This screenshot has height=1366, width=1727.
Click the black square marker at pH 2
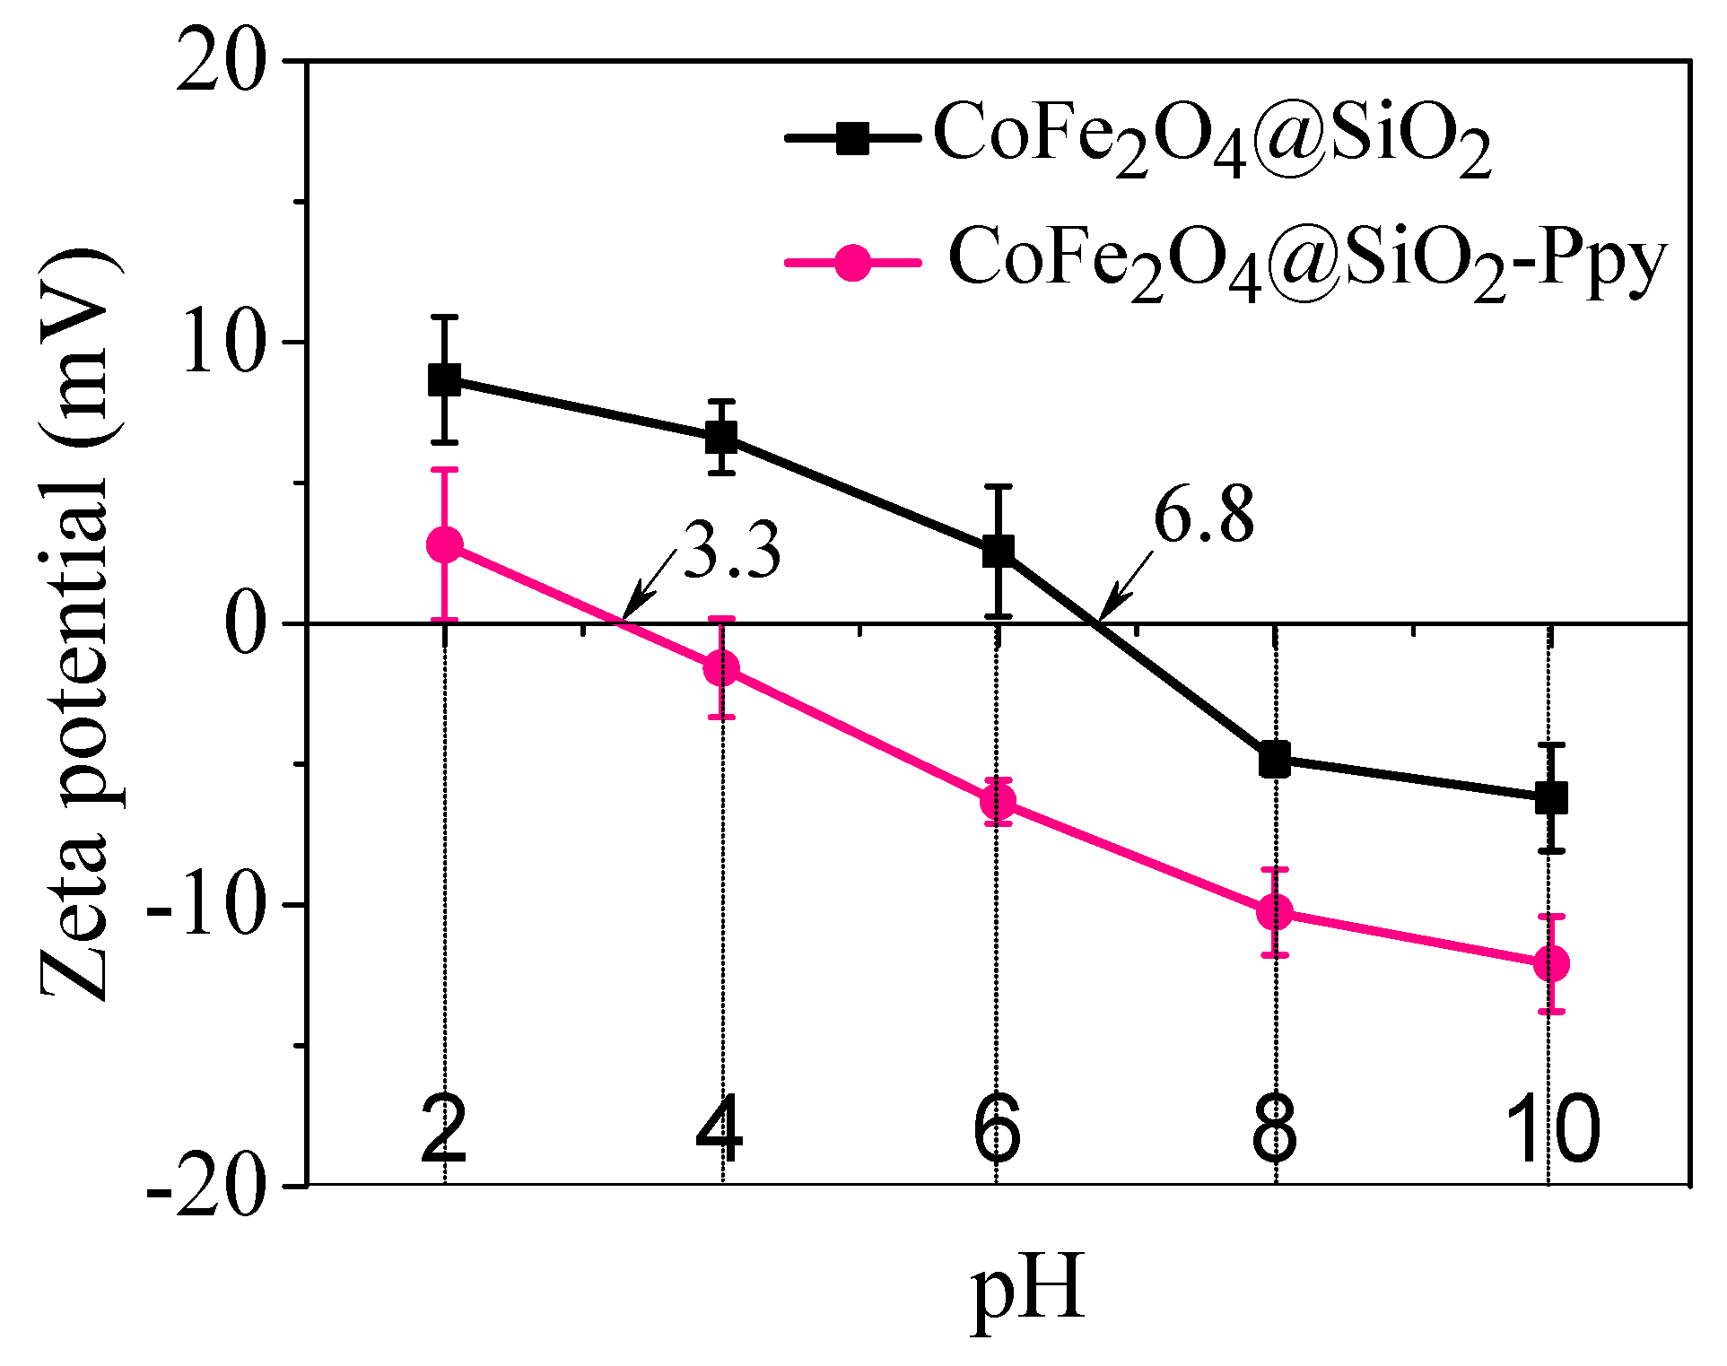pos(444,379)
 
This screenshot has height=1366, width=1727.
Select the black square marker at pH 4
pos(721,438)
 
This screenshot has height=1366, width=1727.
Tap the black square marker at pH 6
pos(998,551)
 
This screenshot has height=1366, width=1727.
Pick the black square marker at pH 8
pos(1274,759)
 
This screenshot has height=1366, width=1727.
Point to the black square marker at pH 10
pos(1551,796)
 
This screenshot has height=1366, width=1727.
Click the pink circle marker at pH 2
pos(444,544)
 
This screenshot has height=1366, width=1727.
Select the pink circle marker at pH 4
pos(721,668)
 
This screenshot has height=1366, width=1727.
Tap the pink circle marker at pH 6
pos(998,801)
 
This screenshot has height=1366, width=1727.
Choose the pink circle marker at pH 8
pos(1274,912)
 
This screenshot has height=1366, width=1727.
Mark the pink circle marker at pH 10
pos(1551,963)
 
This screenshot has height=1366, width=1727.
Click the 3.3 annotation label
pos(731,551)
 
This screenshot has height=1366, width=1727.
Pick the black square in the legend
pos(852,139)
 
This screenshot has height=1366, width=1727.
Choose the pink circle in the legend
pos(852,262)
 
